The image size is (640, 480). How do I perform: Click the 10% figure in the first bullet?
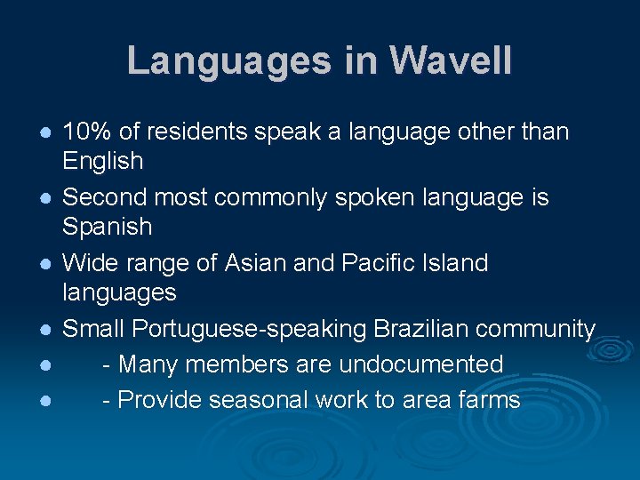pyautogui.click(x=87, y=132)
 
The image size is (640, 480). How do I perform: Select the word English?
pyautogui.click(x=102, y=161)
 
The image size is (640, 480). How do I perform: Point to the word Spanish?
pyautogui.click(x=107, y=227)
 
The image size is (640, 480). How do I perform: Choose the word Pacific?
pyautogui.click(x=381, y=263)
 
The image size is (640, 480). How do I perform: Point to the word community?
pyautogui.click(x=535, y=330)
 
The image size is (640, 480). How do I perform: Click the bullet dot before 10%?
pyautogui.click(x=43, y=132)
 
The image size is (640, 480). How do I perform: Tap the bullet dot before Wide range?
pyautogui.click(x=43, y=264)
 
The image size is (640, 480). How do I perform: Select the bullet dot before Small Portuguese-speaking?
pyautogui.click(x=43, y=330)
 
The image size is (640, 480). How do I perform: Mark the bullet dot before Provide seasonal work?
pyautogui.click(x=43, y=401)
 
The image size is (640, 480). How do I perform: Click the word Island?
pyautogui.click(x=457, y=263)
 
